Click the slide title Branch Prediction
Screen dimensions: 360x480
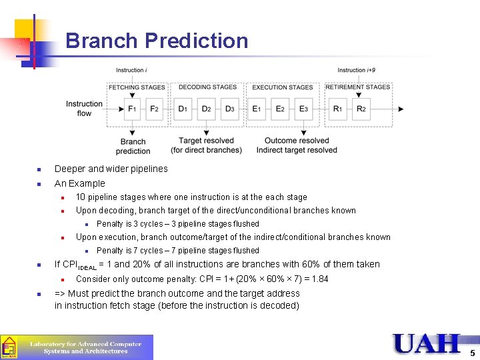pos(157,41)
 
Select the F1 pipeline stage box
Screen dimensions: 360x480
pos(133,109)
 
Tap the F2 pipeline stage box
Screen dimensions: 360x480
pos(154,109)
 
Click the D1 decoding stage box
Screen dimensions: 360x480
pos(183,109)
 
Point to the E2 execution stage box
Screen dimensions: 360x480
pos(280,109)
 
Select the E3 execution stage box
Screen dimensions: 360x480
pos(303,109)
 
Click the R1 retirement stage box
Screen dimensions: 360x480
pos(338,109)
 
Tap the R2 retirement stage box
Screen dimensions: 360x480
pos(361,109)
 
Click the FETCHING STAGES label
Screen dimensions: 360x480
pos(137,87)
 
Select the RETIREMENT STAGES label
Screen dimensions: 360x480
pos(358,87)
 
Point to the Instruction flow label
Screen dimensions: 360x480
pos(84,109)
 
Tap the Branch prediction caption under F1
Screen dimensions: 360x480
pos(133,145)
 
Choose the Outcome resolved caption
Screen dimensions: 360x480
pos(297,141)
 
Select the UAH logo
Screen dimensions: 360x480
pos(427,343)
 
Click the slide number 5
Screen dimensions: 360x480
pos(472,353)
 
